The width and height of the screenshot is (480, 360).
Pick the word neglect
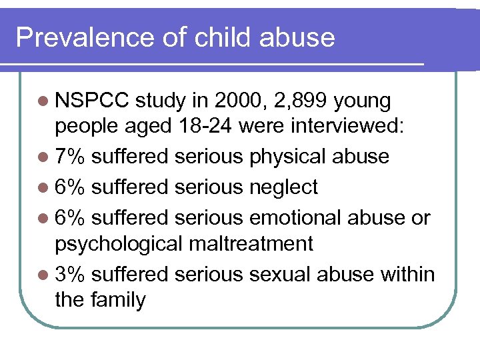(283, 188)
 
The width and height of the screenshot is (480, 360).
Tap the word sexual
(281, 274)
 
